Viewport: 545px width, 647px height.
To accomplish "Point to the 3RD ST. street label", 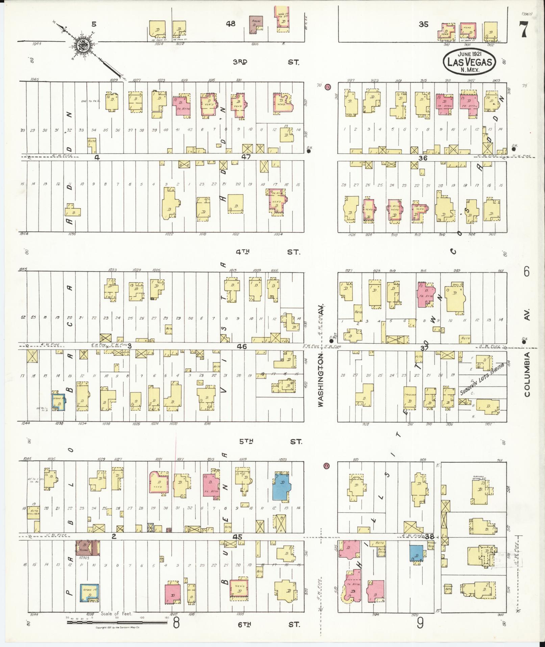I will point(267,62).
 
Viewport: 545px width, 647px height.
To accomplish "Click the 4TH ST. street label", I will point(267,252).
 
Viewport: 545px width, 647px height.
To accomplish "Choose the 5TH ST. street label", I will point(267,441).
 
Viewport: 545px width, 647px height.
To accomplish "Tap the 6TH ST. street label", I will point(267,624).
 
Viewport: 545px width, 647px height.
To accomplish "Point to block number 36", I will point(423,158).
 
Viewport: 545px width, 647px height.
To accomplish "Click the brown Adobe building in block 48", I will point(256,24).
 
